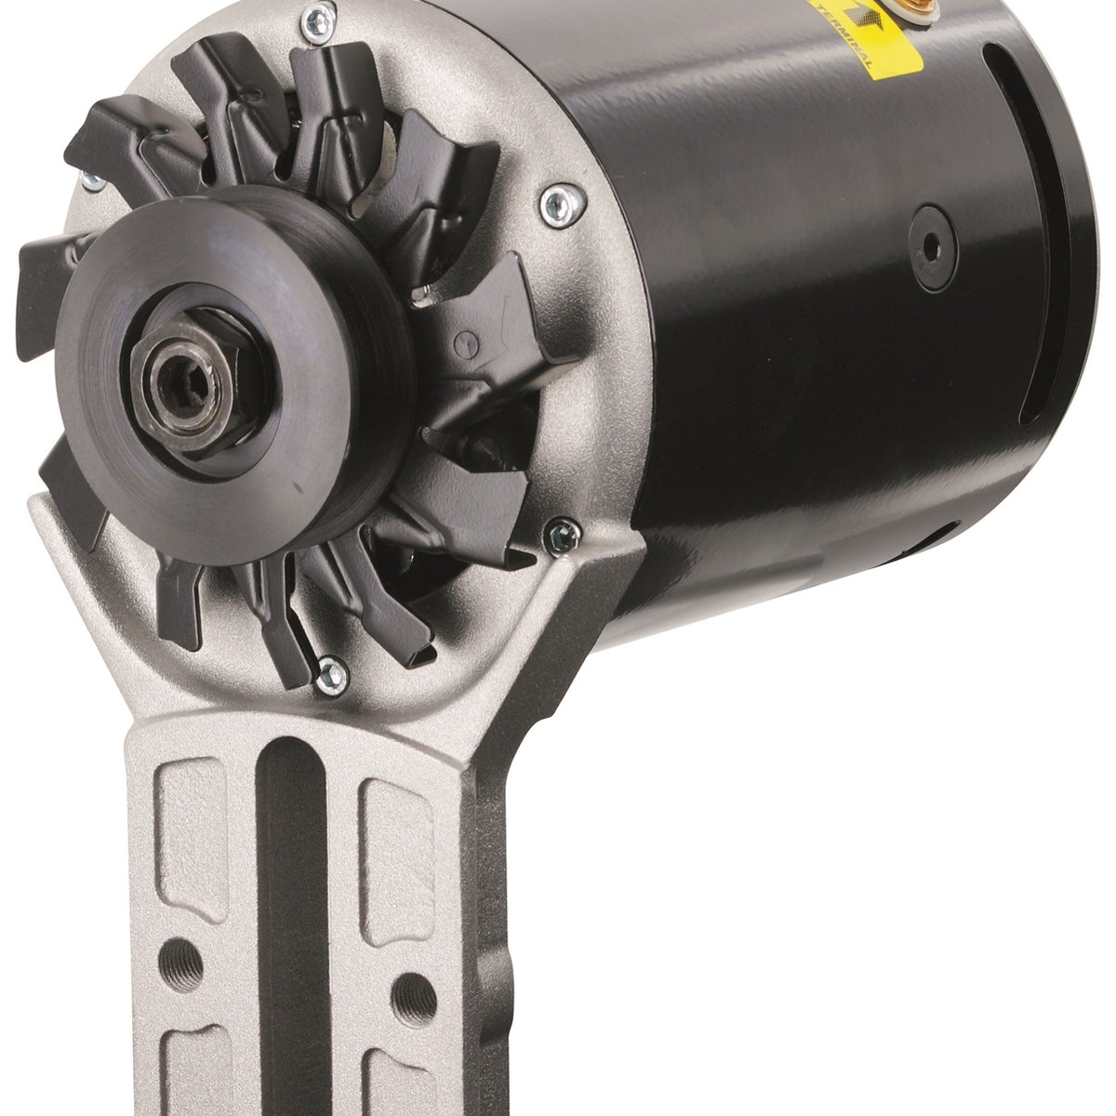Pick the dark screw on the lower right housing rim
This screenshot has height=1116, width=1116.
pyautogui.click(x=560, y=534)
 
